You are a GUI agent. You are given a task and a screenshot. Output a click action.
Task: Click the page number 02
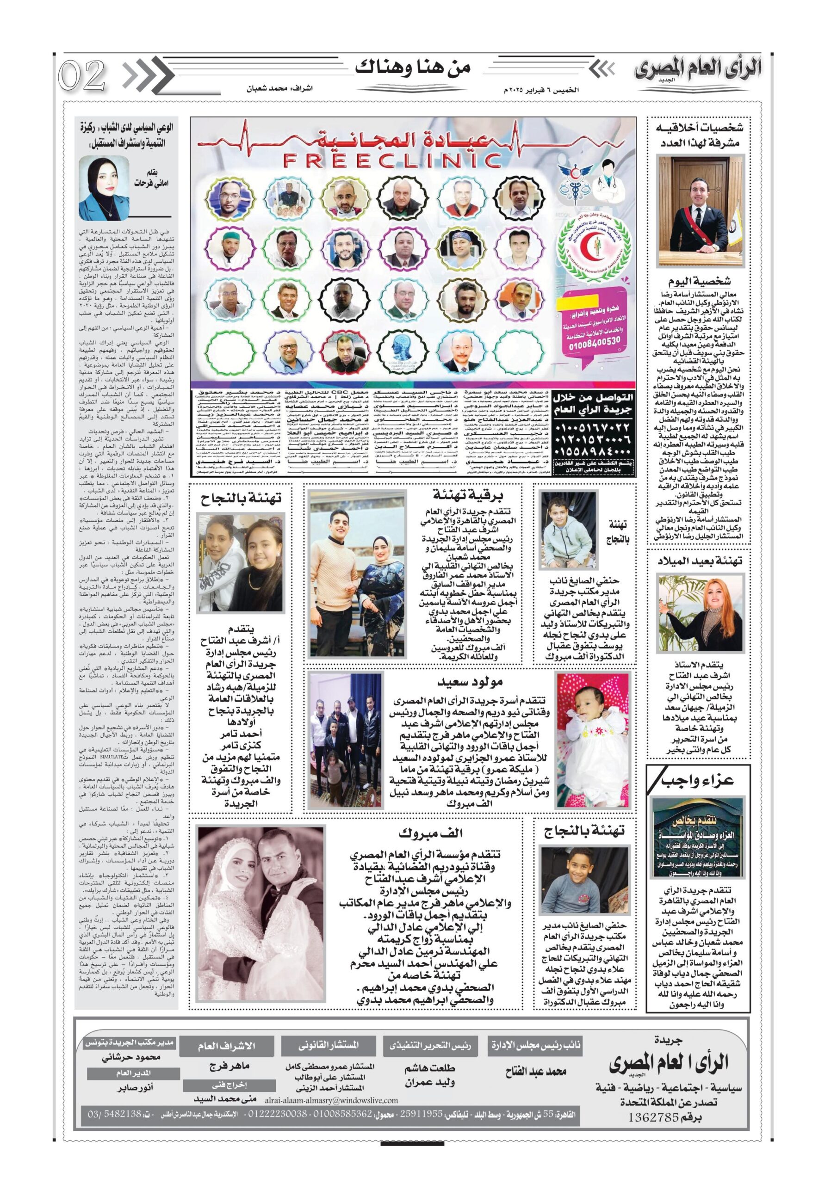click(x=82, y=75)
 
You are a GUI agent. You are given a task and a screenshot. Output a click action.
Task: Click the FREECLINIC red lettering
click(x=392, y=160)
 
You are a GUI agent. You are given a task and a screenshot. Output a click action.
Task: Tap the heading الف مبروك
click(x=430, y=833)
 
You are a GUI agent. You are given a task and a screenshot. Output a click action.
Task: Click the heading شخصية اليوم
click(x=699, y=281)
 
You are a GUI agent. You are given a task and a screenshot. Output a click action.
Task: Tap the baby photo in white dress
click(x=592, y=740)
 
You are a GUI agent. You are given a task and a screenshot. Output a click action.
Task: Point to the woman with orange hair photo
click(x=699, y=614)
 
